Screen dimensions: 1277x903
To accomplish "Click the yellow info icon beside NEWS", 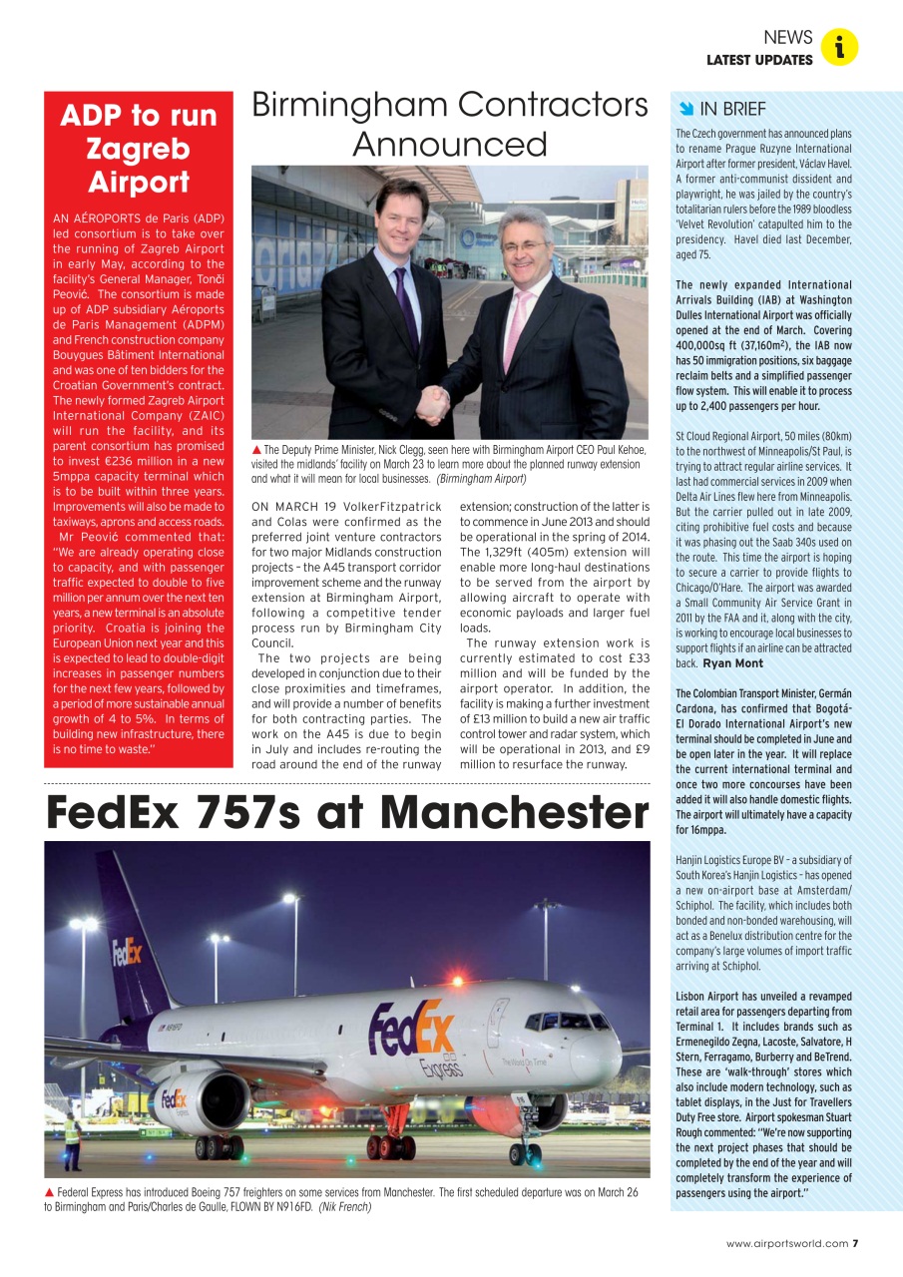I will coord(840,47).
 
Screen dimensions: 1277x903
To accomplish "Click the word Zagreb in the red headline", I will coord(138,149).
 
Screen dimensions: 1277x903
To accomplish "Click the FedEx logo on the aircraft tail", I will coord(127,953).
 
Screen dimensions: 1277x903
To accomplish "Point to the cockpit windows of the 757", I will coord(566,1021).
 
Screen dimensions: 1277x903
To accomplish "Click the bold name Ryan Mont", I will coord(732,663).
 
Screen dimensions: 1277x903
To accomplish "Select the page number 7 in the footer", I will coord(855,1243).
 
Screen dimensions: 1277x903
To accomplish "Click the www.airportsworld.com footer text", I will coord(787,1243).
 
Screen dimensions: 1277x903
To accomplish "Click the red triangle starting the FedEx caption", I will coord(49,1192).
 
